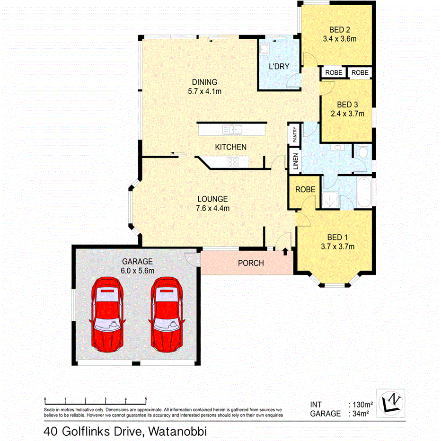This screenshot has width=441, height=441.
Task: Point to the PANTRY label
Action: point(294,133)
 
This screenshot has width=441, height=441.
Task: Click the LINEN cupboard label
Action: point(294,161)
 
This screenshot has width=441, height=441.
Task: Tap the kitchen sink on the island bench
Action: point(233,129)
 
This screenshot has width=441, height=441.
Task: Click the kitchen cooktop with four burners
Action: point(232,162)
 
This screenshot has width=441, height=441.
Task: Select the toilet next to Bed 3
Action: point(362,152)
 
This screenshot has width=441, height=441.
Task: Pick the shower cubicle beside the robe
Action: point(331,199)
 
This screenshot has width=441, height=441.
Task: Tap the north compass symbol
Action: point(391,403)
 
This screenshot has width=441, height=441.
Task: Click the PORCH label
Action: point(250,263)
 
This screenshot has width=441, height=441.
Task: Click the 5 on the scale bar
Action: point(146,399)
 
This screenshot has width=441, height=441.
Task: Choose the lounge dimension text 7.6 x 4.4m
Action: point(213,208)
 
